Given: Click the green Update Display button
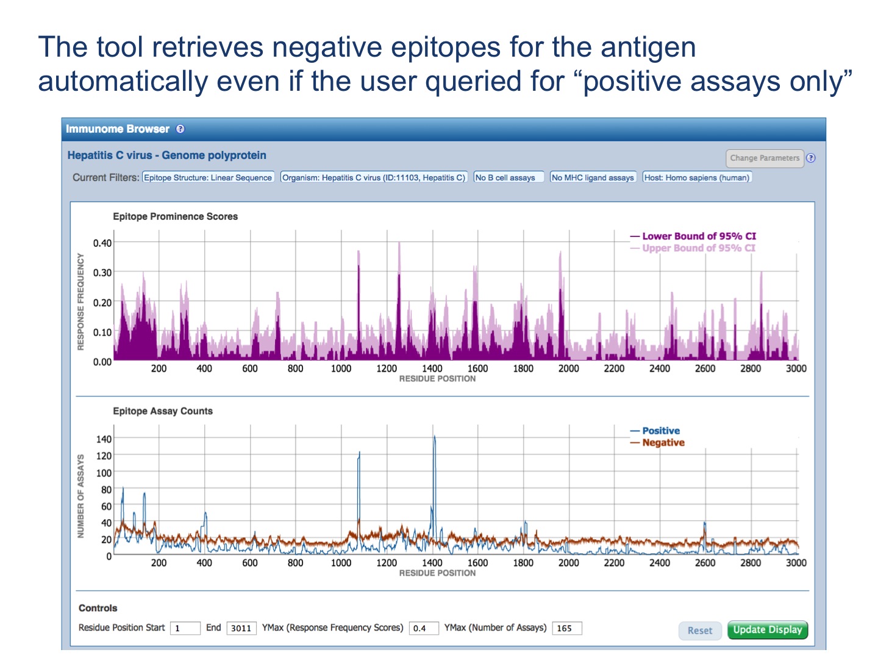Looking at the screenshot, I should [x=767, y=630].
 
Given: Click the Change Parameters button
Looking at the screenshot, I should [x=765, y=158].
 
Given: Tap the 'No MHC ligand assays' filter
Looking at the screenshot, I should [x=593, y=178].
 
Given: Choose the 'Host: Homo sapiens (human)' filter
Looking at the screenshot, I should [x=696, y=178].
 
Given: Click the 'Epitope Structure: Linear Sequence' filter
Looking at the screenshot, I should [x=208, y=178].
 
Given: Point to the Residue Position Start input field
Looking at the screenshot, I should [x=185, y=628].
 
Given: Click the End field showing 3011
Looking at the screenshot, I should [x=241, y=628].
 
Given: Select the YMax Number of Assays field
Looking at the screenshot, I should [x=566, y=628].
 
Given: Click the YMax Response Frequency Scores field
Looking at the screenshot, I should [x=423, y=628].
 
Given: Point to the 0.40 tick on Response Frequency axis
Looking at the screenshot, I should [x=102, y=243].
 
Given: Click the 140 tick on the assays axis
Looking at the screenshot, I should [x=104, y=439].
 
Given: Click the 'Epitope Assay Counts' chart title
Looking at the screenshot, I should [x=163, y=411].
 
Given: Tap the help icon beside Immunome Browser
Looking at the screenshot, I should [x=180, y=129].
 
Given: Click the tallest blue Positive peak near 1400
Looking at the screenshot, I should [x=434, y=437].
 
